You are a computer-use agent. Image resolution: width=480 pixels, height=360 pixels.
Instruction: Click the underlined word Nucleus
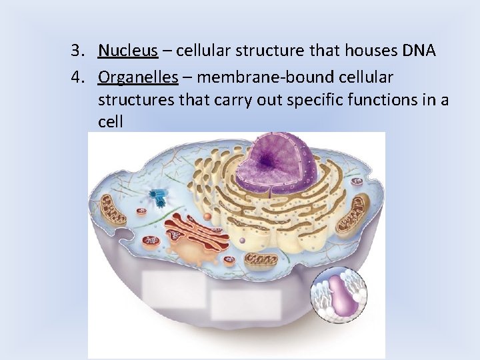pyautogui.click(x=128, y=51)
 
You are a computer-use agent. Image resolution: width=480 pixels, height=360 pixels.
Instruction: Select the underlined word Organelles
pyautogui.click(x=138, y=78)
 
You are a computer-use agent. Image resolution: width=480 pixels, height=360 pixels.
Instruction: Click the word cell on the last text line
pyautogui.click(x=110, y=123)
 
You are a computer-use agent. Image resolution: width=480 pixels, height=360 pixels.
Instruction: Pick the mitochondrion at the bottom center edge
pyautogui.click(x=258, y=261)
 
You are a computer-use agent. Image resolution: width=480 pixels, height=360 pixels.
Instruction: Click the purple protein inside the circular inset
pyautogui.click(x=343, y=296)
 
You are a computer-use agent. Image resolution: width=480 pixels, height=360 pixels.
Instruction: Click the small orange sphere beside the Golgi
pyautogui.click(x=208, y=217)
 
